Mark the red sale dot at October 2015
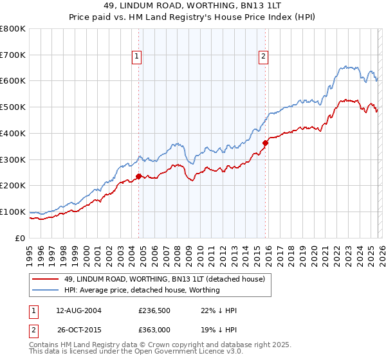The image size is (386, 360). (266, 143)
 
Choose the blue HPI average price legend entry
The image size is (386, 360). (142, 290)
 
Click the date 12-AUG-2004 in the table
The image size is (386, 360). (78, 310)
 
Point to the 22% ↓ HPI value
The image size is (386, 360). (219, 310)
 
